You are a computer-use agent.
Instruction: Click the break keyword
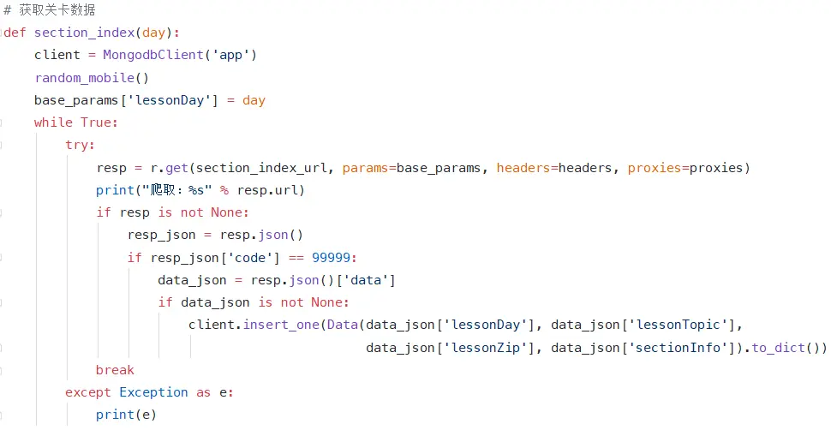pyautogui.click(x=115, y=370)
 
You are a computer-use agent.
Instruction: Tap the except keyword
pyautogui.click(x=87, y=392)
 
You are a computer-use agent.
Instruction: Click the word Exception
pyautogui.click(x=153, y=392)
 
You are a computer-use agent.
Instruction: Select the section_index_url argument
pyautogui.click(x=261, y=168)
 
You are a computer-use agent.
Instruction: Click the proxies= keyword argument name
pyautogui.click(x=655, y=168)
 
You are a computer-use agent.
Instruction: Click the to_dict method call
pyautogui.click(x=781, y=348)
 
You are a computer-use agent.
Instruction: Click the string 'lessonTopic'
pyautogui.click(x=685, y=325)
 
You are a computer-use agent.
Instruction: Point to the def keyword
pyautogui.click(x=15, y=33)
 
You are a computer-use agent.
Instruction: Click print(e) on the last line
pyautogui.click(x=126, y=415)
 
